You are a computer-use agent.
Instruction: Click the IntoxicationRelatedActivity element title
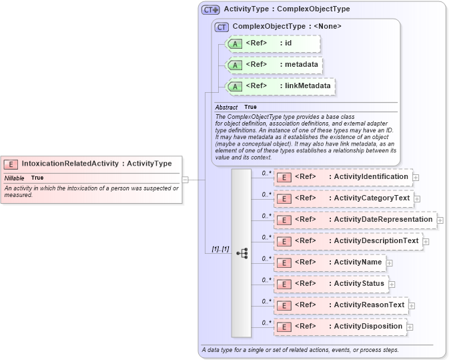coord(97,164)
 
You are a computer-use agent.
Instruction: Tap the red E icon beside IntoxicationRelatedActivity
coord(11,164)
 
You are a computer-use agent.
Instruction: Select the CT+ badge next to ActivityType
coord(211,10)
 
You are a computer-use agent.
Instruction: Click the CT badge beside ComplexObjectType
coord(221,27)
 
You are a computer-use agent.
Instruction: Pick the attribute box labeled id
coord(274,44)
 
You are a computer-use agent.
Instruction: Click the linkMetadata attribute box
coord(280,86)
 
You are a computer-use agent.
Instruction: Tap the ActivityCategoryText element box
coord(344,198)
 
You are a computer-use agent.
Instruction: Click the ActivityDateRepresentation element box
coord(356,220)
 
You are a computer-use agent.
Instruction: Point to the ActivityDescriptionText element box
coord(348,241)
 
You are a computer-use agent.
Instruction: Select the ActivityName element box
coord(330,262)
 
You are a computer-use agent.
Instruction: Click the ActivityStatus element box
coord(332,284)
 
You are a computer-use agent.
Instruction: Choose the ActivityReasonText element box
coord(342,305)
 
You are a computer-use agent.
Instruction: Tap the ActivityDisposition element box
coord(341,327)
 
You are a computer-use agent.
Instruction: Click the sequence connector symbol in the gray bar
coord(242,253)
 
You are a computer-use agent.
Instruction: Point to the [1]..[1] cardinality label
coord(220,249)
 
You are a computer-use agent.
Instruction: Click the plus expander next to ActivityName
coord(390,263)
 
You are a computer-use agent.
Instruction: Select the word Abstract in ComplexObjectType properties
coord(226,107)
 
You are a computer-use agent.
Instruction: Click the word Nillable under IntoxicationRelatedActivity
coord(14,178)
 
